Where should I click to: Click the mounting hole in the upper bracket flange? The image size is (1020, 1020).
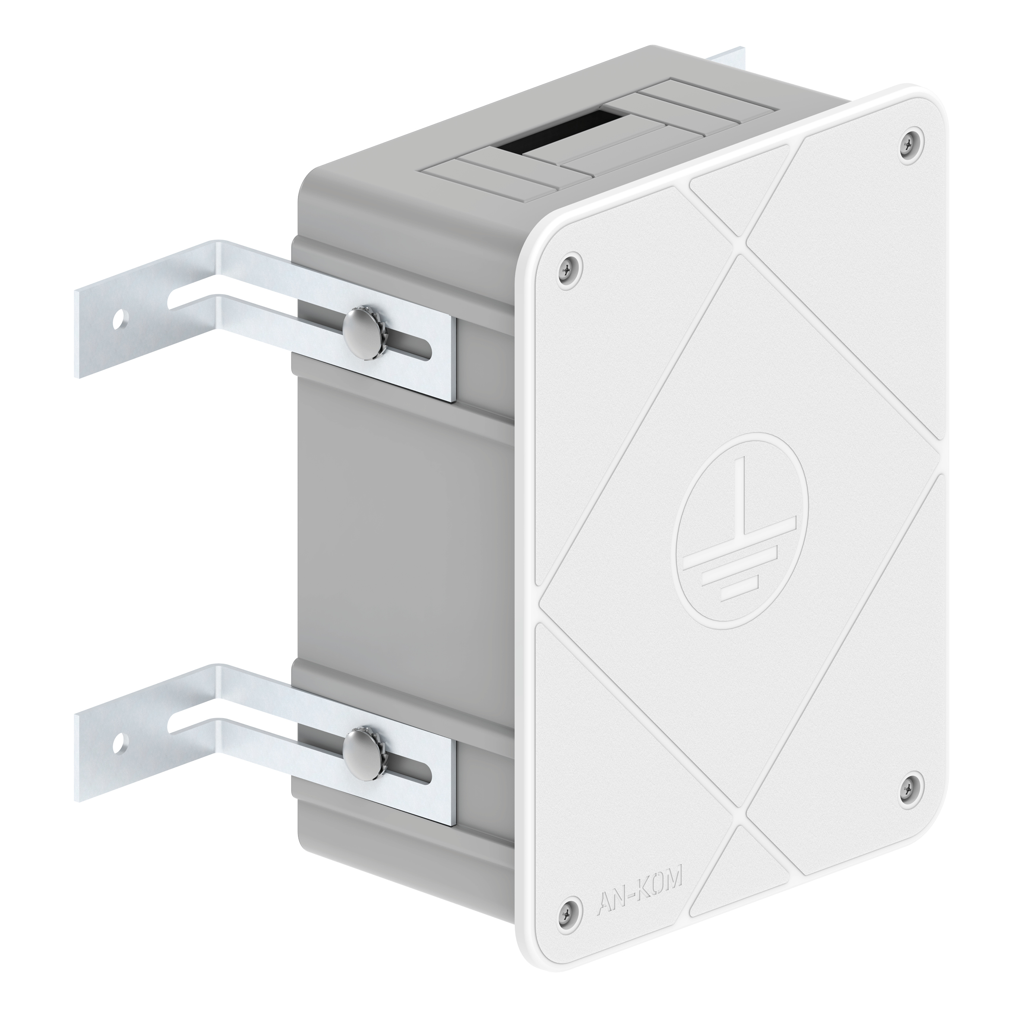pyautogui.click(x=120, y=320)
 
